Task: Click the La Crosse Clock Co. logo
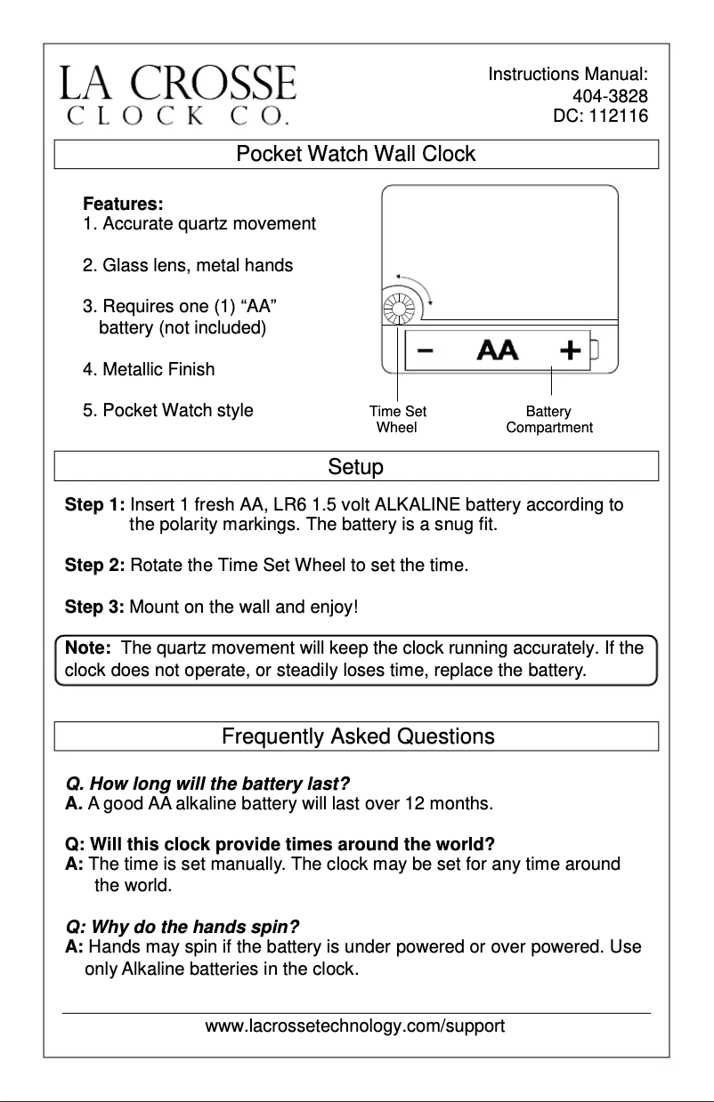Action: tap(177, 94)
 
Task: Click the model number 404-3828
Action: tap(609, 95)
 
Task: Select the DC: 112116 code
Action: tap(600, 116)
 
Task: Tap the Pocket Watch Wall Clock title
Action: tap(356, 154)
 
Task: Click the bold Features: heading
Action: tap(123, 205)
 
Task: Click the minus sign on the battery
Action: tap(426, 350)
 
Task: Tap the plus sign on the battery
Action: tap(570, 350)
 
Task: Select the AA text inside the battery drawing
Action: tap(498, 350)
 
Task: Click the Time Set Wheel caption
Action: tap(397, 419)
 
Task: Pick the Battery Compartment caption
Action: tap(548, 419)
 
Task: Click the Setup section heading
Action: tap(356, 466)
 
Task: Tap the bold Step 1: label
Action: tap(95, 506)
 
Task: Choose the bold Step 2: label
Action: tap(95, 565)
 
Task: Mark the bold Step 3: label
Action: tap(95, 608)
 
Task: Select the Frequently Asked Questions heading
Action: tap(358, 736)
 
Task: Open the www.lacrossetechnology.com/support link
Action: tap(355, 1026)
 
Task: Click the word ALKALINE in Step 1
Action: tap(418, 506)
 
